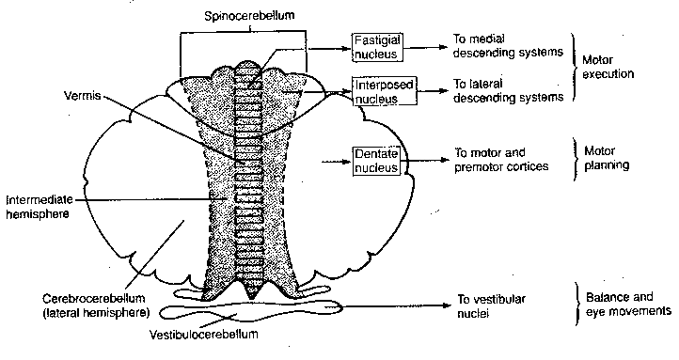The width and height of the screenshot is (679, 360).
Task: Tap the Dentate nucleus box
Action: click(x=376, y=160)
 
